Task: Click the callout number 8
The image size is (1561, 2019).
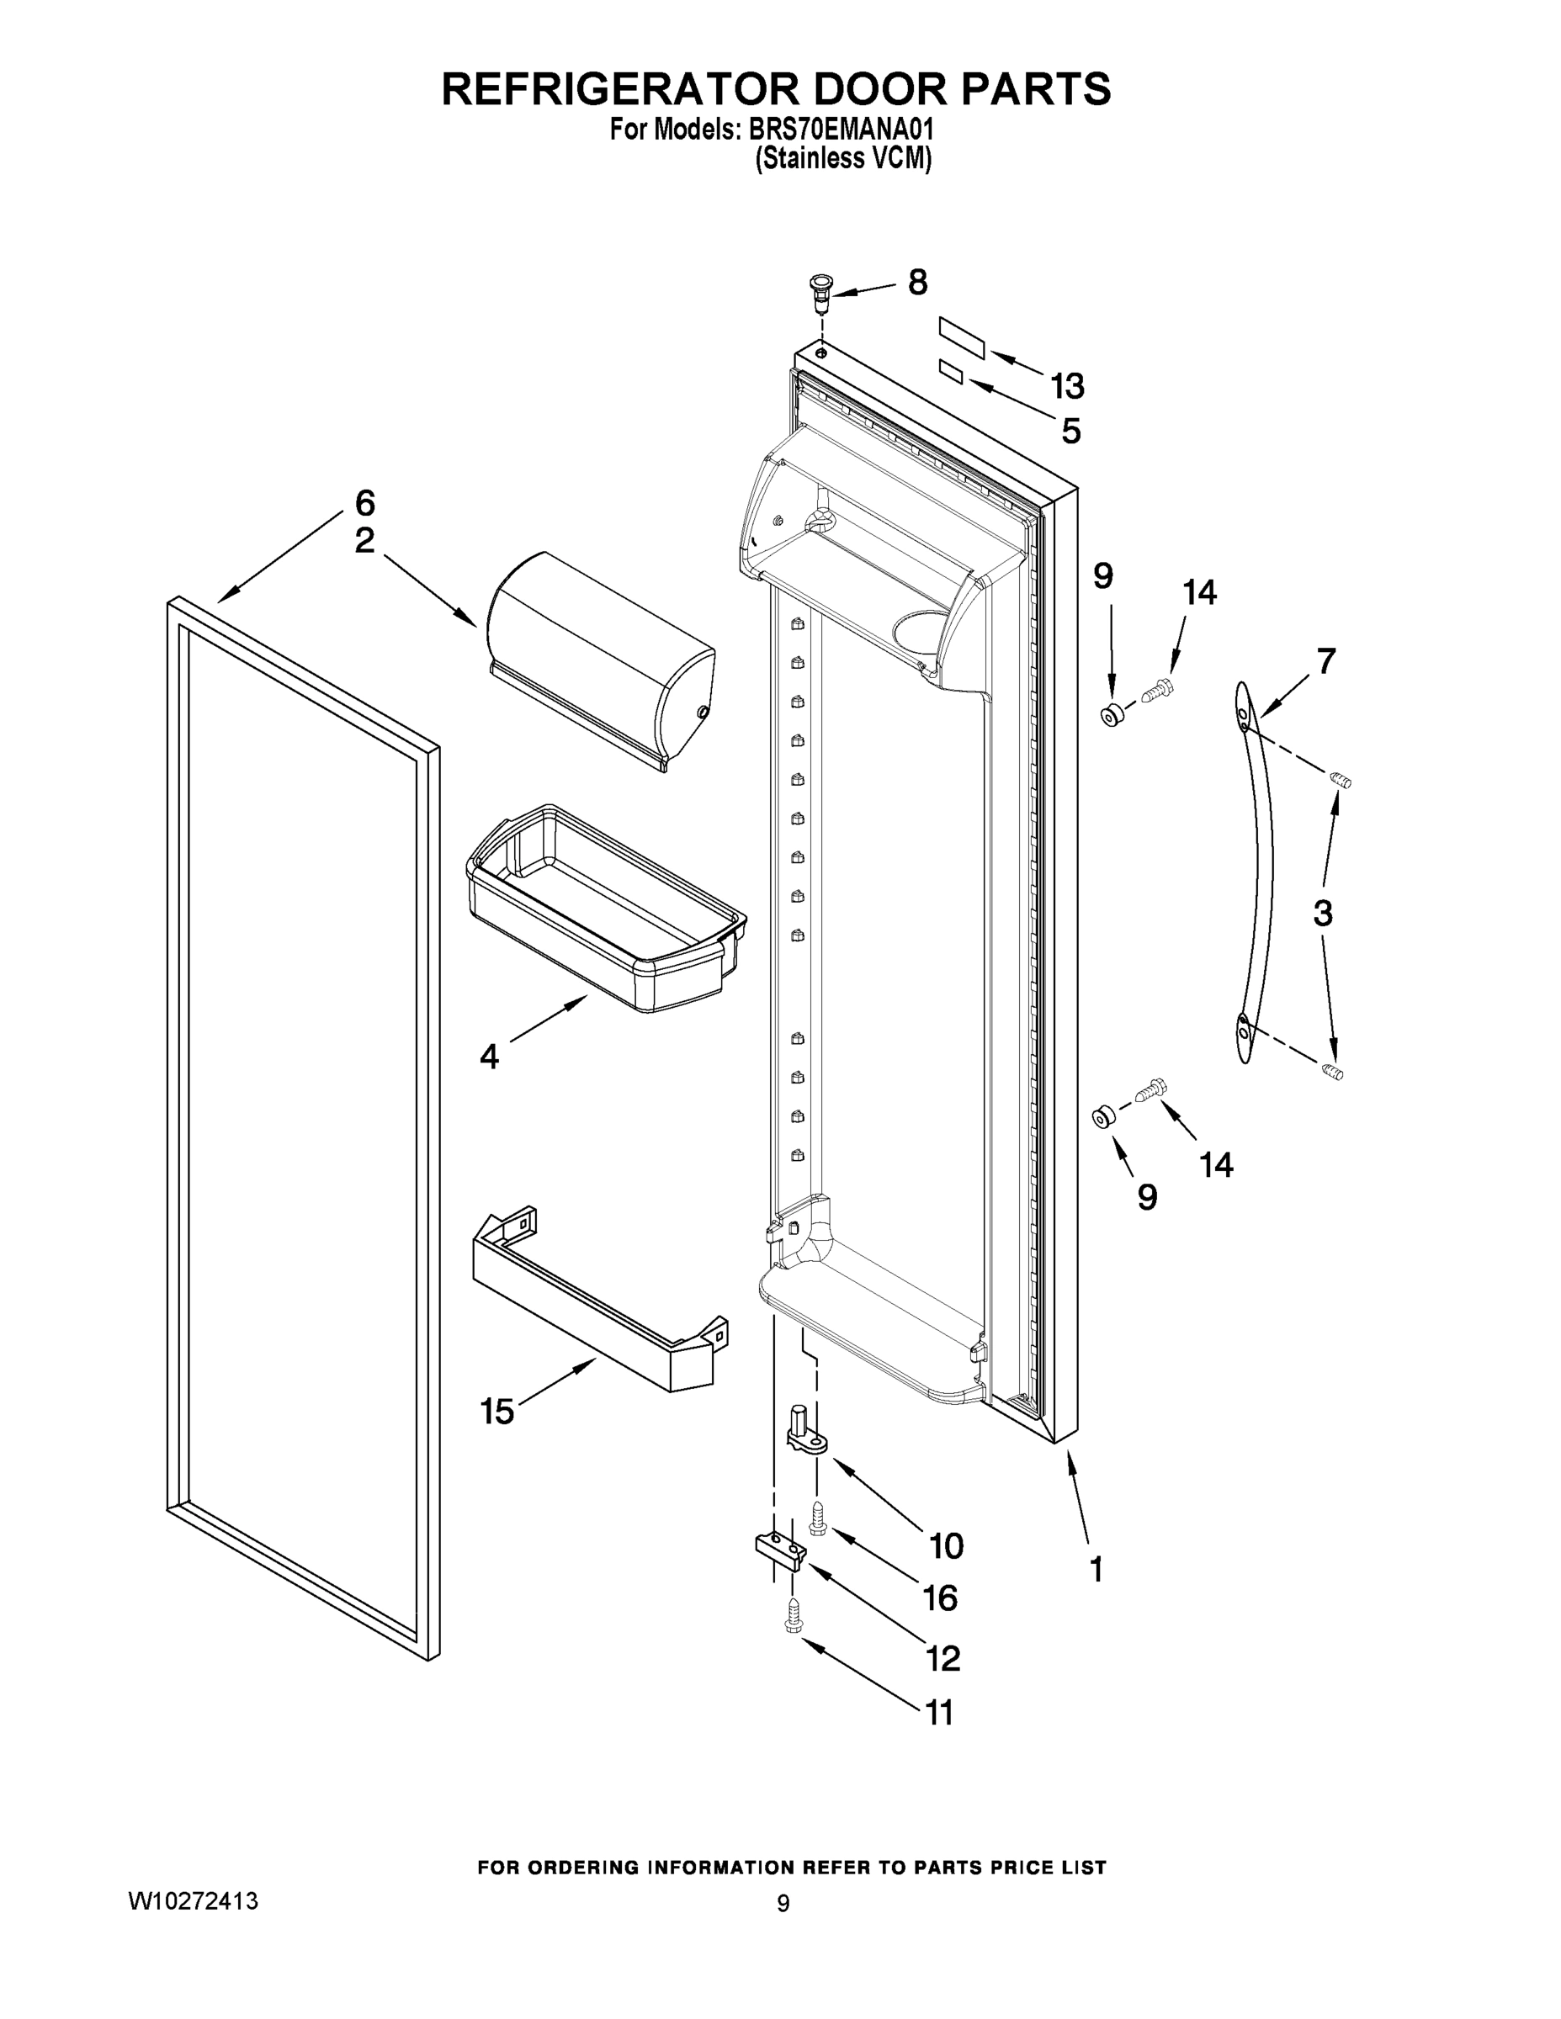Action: tap(916, 283)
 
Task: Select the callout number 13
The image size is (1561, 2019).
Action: tap(1066, 385)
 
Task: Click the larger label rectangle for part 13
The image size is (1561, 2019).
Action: tap(962, 336)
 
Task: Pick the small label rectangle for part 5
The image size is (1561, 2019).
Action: tap(951, 373)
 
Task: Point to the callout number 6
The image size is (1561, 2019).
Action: tap(365, 504)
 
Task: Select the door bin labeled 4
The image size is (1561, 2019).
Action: tap(606, 910)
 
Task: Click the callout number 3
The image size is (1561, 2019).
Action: tap(1322, 914)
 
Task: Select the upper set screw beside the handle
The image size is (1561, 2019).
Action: tap(1340, 782)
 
